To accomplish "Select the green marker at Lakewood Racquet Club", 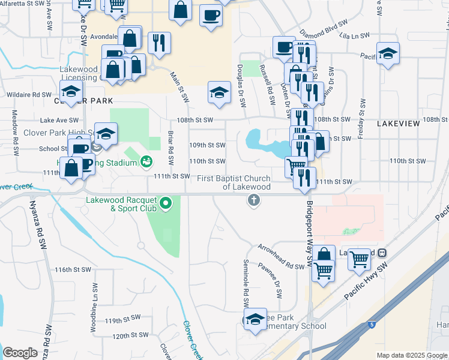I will tap(166, 205).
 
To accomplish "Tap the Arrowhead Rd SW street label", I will tap(282, 257).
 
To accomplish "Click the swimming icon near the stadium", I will tap(146, 161).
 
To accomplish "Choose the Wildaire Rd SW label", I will tap(29, 95).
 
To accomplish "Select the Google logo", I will tap(20, 352).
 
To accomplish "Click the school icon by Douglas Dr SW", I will tap(219, 92).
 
